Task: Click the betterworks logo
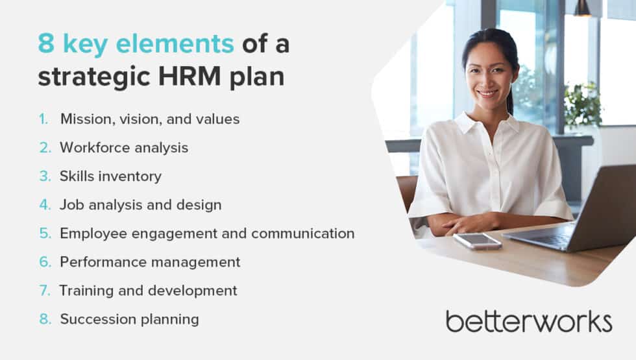tap(528, 321)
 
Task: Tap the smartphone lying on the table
tap(477, 241)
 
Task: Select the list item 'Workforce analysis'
tap(124, 148)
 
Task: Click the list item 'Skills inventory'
tap(110, 176)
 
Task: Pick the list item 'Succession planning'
tap(129, 319)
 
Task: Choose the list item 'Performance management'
tap(150, 262)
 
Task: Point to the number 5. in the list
tap(45, 234)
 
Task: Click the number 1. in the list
tap(43, 119)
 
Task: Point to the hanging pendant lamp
tap(583, 8)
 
